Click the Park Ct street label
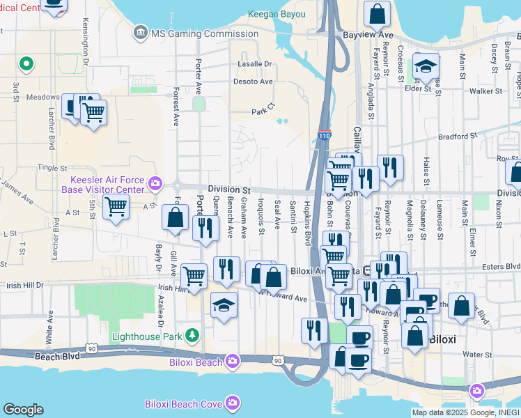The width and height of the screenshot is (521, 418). click(x=263, y=109)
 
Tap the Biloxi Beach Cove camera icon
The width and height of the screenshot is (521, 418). click(x=231, y=403)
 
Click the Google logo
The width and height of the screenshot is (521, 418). click(x=22, y=410)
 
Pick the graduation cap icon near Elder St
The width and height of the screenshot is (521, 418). click(x=426, y=66)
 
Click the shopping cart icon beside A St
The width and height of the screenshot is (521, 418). click(x=116, y=206)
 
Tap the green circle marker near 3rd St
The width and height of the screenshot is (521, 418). click(x=26, y=65)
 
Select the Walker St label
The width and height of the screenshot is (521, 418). click(x=485, y=91)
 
